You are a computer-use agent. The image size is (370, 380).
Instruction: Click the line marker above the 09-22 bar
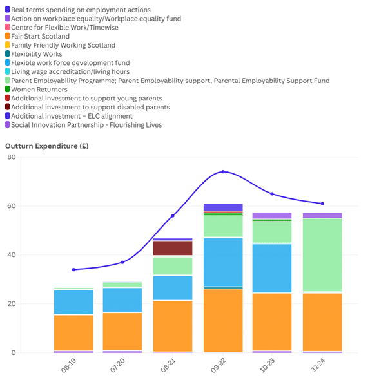pos(223,171)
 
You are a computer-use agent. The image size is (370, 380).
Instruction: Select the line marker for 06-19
pos(73,269)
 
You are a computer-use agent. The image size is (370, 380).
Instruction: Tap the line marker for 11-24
pos(322,204)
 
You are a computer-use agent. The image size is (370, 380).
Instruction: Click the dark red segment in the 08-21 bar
pos(173,248)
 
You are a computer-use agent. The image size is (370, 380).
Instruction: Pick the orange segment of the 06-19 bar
pos(73,332)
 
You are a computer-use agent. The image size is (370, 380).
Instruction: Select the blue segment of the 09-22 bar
pos(223,262)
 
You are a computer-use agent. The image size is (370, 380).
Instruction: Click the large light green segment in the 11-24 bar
pos(322,254)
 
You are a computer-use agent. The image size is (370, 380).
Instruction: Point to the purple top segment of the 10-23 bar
pos(272,216)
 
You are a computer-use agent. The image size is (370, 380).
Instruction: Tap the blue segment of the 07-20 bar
pos(122,299)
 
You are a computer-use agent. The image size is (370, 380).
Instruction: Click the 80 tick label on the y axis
pos(12,157)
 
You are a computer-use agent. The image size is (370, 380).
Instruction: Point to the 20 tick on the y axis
pos(12,303)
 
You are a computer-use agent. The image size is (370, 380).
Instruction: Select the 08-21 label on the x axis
pos(168,366)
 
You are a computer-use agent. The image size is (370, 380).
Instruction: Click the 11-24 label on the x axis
pos(318,365)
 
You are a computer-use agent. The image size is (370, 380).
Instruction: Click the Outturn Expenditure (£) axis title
pos(47,146)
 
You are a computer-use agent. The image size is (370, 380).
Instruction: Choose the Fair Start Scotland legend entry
pos(37,36)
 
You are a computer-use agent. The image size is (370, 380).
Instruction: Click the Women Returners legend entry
pos(36,90)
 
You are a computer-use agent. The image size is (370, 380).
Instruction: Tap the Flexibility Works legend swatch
pos(8,54)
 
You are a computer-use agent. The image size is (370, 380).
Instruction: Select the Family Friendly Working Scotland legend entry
pos(60,45)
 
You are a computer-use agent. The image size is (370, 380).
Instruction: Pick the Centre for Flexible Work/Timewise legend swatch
pos(8,27)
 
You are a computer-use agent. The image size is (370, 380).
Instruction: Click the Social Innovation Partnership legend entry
pos(83,125)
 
